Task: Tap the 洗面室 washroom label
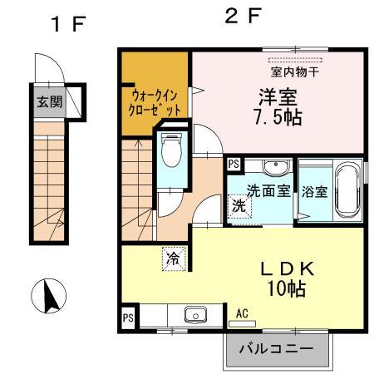268,190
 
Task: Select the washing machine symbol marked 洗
239,204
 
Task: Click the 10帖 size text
285,290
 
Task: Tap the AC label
244,313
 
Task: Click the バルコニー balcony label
277,349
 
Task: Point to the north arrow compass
48,295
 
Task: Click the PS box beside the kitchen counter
128,317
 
